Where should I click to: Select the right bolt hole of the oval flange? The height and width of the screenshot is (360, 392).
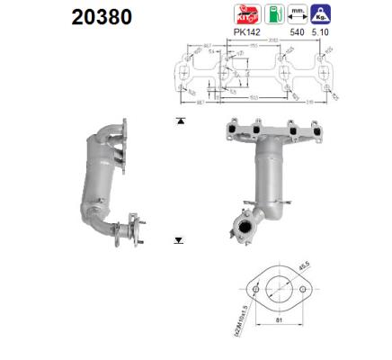304,289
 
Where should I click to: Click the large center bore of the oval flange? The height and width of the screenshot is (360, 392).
280,289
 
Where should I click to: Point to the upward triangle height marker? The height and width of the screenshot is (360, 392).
180,119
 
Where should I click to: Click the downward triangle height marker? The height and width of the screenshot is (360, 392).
180,239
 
